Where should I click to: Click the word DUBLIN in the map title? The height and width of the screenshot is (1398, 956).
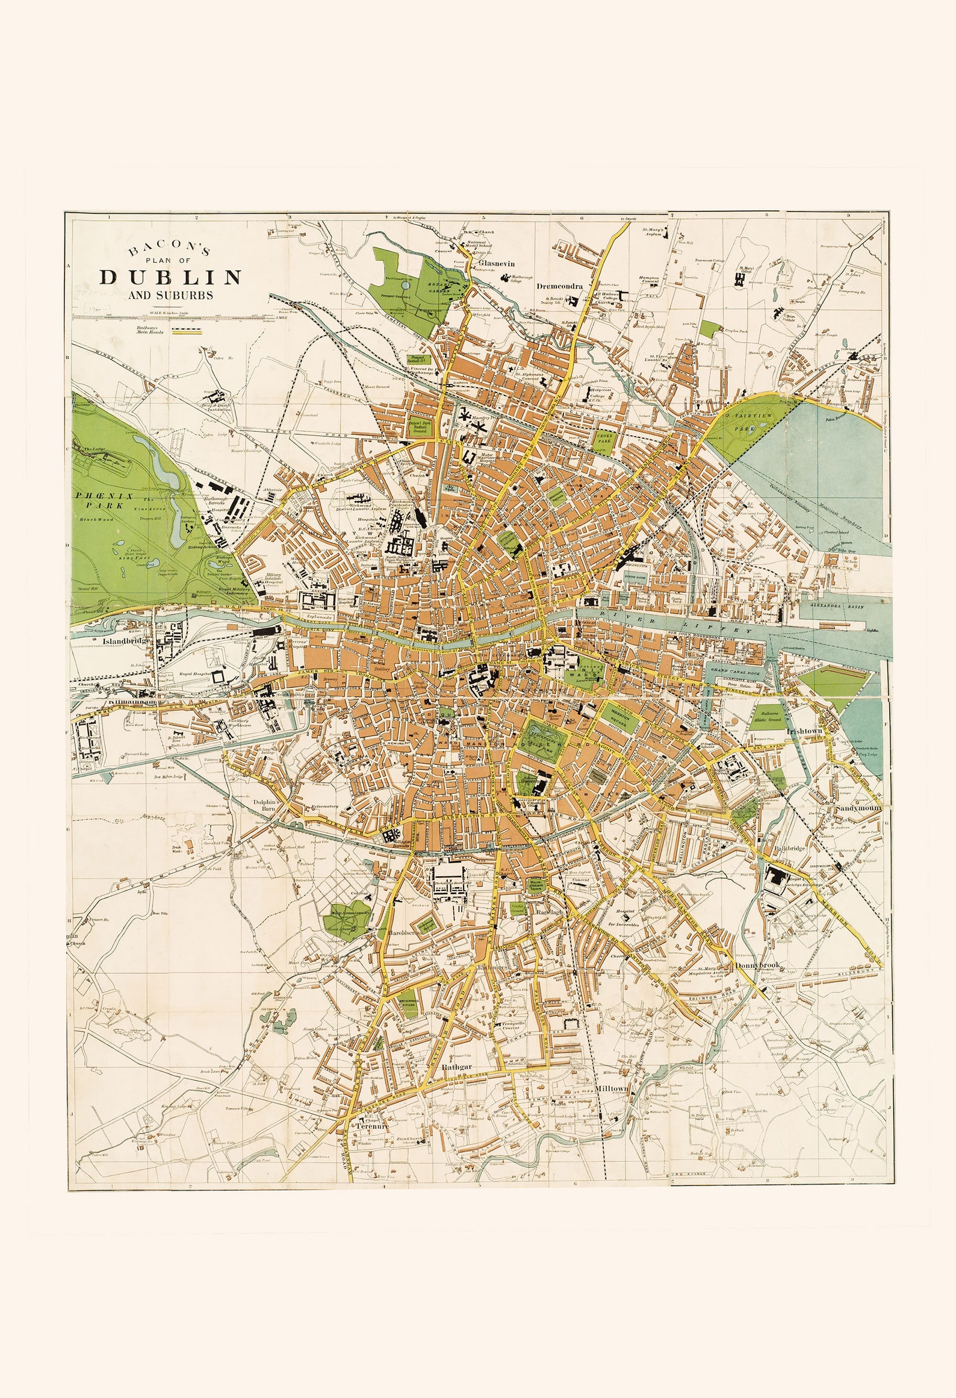[171, 276]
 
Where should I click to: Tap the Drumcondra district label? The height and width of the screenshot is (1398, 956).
[560, 287]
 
